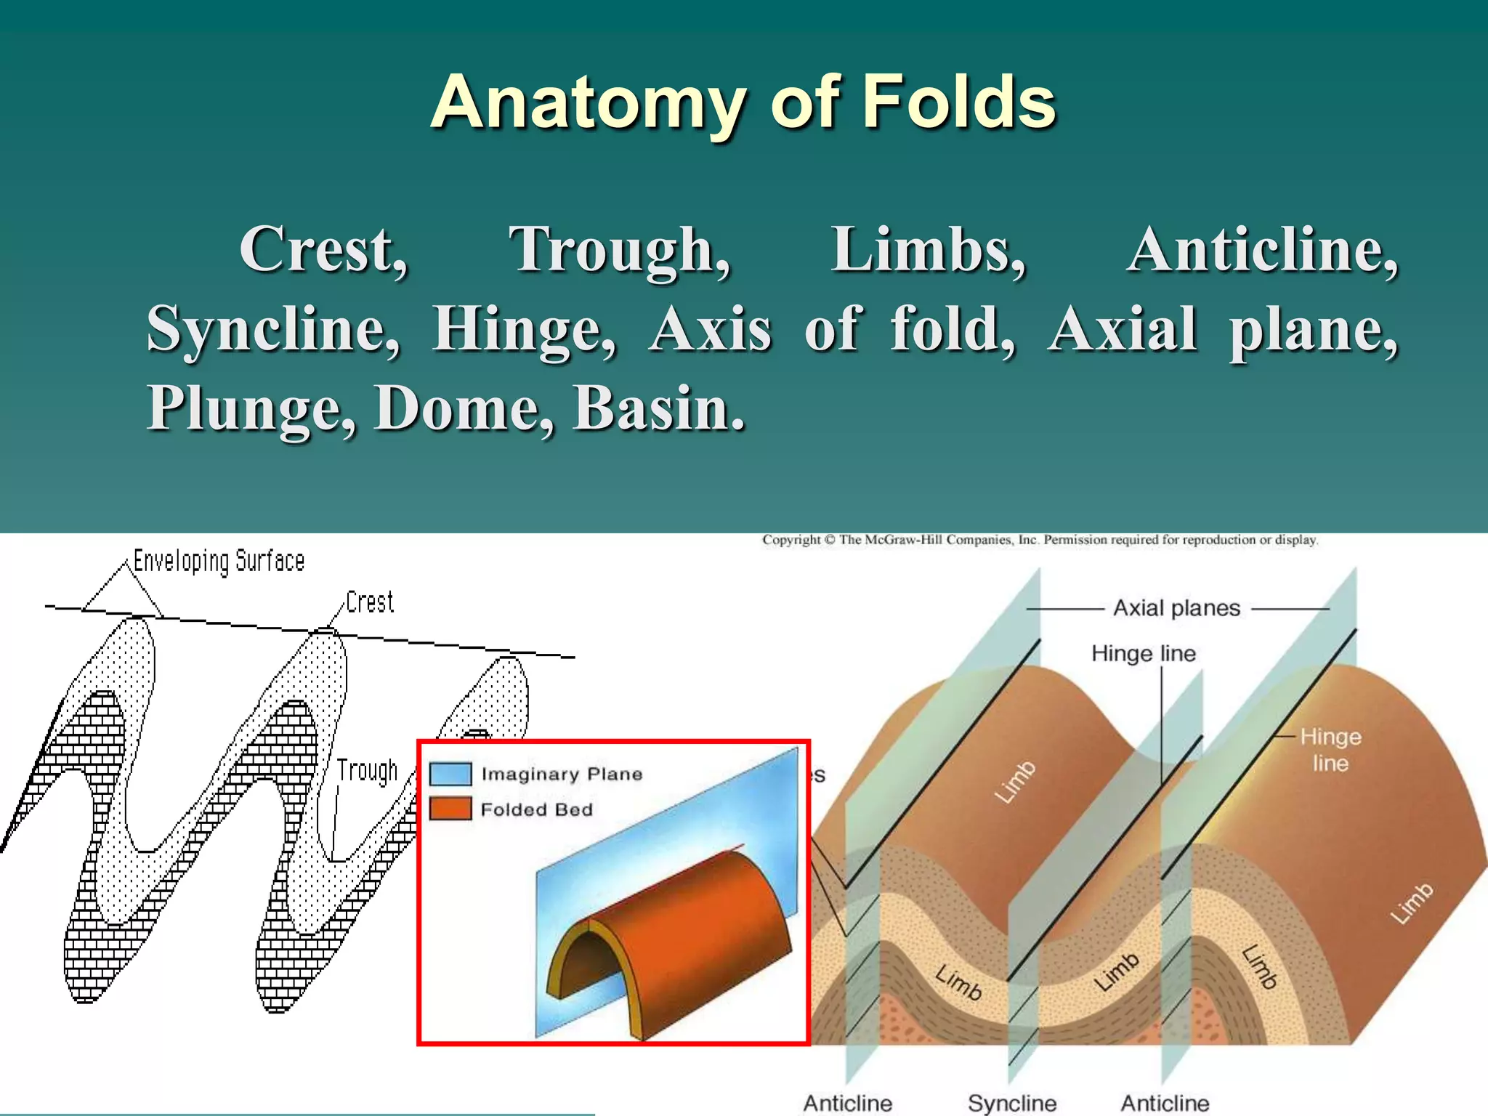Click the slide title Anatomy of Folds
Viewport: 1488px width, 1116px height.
pyautogui.click(x=743, y=103)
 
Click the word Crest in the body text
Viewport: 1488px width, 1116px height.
pyautogui.click(x=324, y=249)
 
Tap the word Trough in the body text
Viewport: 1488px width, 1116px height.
pyautogui.click(x=619, y=251)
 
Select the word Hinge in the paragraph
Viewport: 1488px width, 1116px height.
pyautogui.click(x=524, y=329)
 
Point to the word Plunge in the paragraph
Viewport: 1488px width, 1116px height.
pyautogui.click(x=251, y=408)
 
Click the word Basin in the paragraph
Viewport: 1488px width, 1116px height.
pyautogui.click(x=658, y=408)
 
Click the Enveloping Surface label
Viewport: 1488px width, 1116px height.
pyautogui.click(x=219, y=561)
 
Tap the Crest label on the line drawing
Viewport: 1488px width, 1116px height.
pyautogui.click(x=369, y=602)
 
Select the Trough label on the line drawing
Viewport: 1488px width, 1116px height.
pyautogui.click(x=367, y=770)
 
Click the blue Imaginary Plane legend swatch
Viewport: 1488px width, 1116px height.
pyautogui.click(x=450, y=774)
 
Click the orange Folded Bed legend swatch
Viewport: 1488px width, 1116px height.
pyautogui.click(x=450, y=809)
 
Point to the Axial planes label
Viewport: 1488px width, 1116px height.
pyautogui.click(x=1176, y=608)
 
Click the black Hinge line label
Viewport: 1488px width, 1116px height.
pyautogui.click(x=1143, y=653)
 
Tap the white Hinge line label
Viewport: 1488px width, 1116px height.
pyautogui.click(x=1330, y=750)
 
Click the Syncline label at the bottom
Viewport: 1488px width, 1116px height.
pyautogui.click(x=1011, y=1103)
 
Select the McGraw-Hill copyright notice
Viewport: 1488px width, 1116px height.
pyautogui.click(x=1039, y=540)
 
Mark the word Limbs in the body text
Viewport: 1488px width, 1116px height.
pyautogui.click(x=928, y=249)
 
